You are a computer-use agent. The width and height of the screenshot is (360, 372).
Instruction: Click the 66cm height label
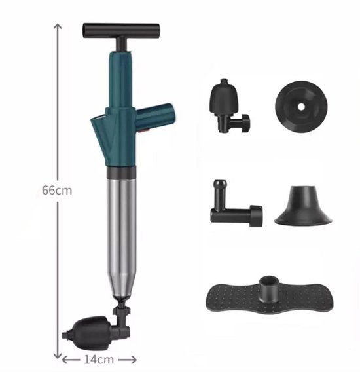[56, 190]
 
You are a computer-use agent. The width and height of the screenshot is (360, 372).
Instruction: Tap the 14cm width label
[99, 359]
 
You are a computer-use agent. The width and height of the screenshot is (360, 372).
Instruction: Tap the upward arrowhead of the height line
[58, 28]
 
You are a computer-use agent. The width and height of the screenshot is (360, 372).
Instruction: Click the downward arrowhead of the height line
[58, 350]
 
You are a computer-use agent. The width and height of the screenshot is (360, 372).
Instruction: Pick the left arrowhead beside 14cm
[66, 359]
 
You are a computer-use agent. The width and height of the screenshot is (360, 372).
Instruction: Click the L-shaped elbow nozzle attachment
[234, 206]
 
